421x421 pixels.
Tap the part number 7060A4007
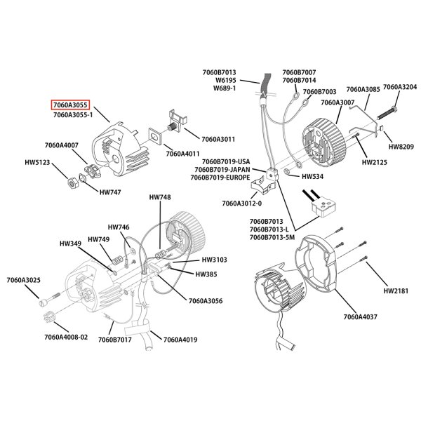point(61,145)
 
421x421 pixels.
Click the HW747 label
point(110,192)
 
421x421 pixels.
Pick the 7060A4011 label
point(182,153)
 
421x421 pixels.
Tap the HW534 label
point(312,177)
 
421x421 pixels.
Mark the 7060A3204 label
point(400,86)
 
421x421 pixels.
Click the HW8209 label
point(401,147)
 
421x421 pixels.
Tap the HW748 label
point(159,198)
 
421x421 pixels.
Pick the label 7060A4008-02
point(66,337)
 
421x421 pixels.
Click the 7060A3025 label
point(43,281)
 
